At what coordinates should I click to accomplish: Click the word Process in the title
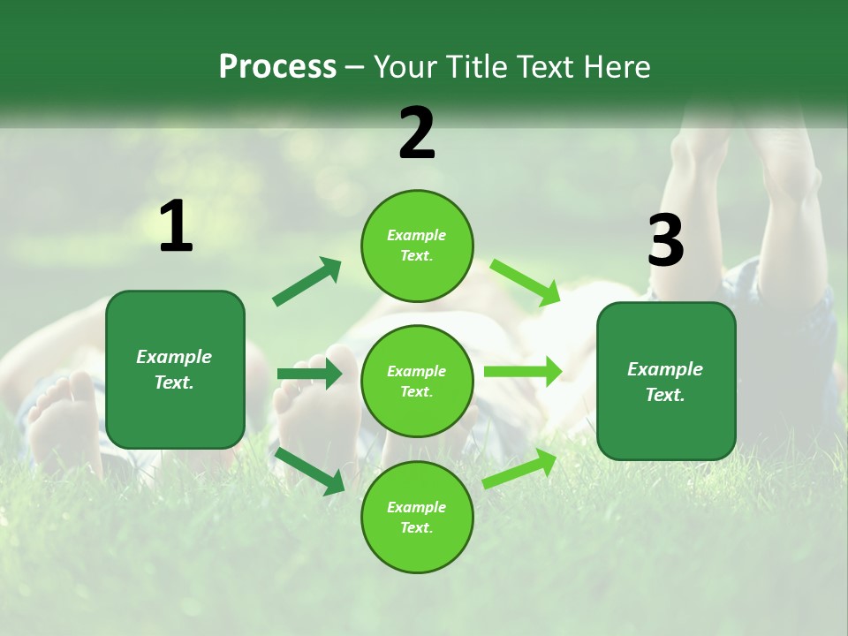coord(277,67)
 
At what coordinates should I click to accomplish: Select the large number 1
coord(176,227)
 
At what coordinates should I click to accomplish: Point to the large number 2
coord(417,133)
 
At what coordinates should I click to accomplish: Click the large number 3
coord(665,241)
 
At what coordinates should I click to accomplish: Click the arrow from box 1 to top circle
coord(307,282)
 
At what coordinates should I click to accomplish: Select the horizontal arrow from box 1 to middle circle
coord(309,374)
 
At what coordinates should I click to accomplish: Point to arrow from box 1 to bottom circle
coord(310,470)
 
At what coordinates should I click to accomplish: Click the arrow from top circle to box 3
coord(526,282)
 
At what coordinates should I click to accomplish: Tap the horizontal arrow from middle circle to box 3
coord(523,372)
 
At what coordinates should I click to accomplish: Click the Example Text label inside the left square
coord(174,369)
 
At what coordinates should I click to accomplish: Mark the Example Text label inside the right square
coord(665,382)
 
